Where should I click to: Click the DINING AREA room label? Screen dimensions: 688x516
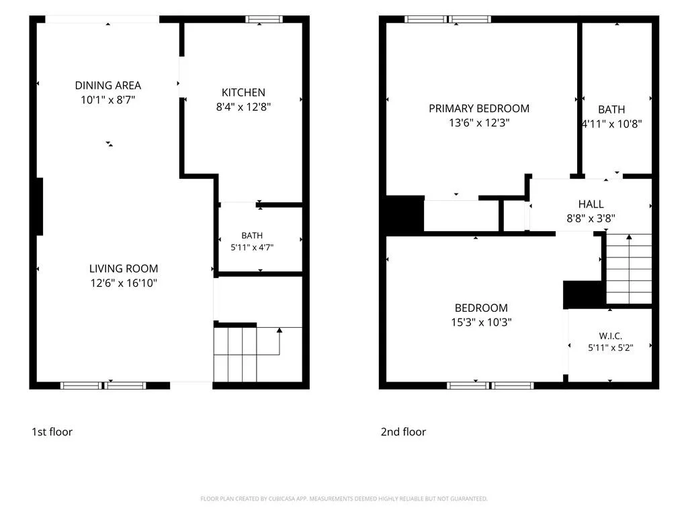[108, 85]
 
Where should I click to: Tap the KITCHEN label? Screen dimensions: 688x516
[243, 92]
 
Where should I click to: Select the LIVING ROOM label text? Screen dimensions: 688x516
[124, 269]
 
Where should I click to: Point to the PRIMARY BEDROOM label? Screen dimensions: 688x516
[479, 108]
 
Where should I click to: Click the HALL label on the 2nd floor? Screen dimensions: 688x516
[591, 204]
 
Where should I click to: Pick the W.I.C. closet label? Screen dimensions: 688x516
[610, 336]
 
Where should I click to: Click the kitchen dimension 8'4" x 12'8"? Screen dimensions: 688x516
[243, 107]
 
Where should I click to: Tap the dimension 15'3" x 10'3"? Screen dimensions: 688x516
[481, 322]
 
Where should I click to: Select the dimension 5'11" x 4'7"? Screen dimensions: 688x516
[253, 247]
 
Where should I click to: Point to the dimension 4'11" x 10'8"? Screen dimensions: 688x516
[612, 124]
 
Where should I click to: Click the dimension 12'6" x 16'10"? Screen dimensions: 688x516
[124, 283]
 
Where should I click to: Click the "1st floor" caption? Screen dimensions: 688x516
[52, 432]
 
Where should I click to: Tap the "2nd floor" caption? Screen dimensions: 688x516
[403, 432]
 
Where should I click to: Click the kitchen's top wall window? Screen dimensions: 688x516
[263, 19]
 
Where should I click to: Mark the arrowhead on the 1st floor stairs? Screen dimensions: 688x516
[279, 330]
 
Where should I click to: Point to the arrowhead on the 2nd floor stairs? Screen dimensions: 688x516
[629, 237]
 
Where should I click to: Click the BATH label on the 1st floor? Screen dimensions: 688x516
[253, 236]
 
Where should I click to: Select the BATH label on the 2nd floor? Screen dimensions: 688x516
[611, 110]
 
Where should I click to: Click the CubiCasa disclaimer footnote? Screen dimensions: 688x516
[344, 499]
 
